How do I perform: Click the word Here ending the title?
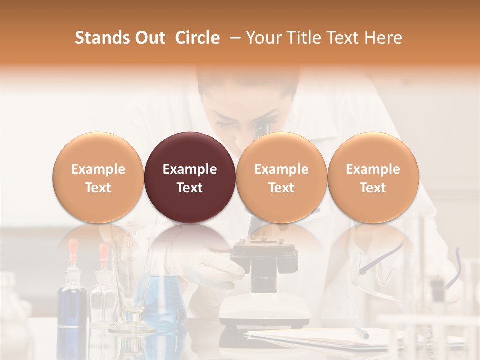pyautogui.click(x=383, y=38)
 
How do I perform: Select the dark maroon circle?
pyautogui.click(x=190, y=177)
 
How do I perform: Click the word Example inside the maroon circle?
pyautogui.click(x=190, y=169)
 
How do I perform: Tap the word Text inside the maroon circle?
pyautogui.click(x=190, y=188)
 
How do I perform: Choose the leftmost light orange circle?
pyautogui.click(x=98, y=177)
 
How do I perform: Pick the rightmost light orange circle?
pyautogui.click(x=373, y=177)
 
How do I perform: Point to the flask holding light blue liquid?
pyautogui.click(x=162, y=300)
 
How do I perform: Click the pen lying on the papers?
pyautogui.click(x=362, y=333)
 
